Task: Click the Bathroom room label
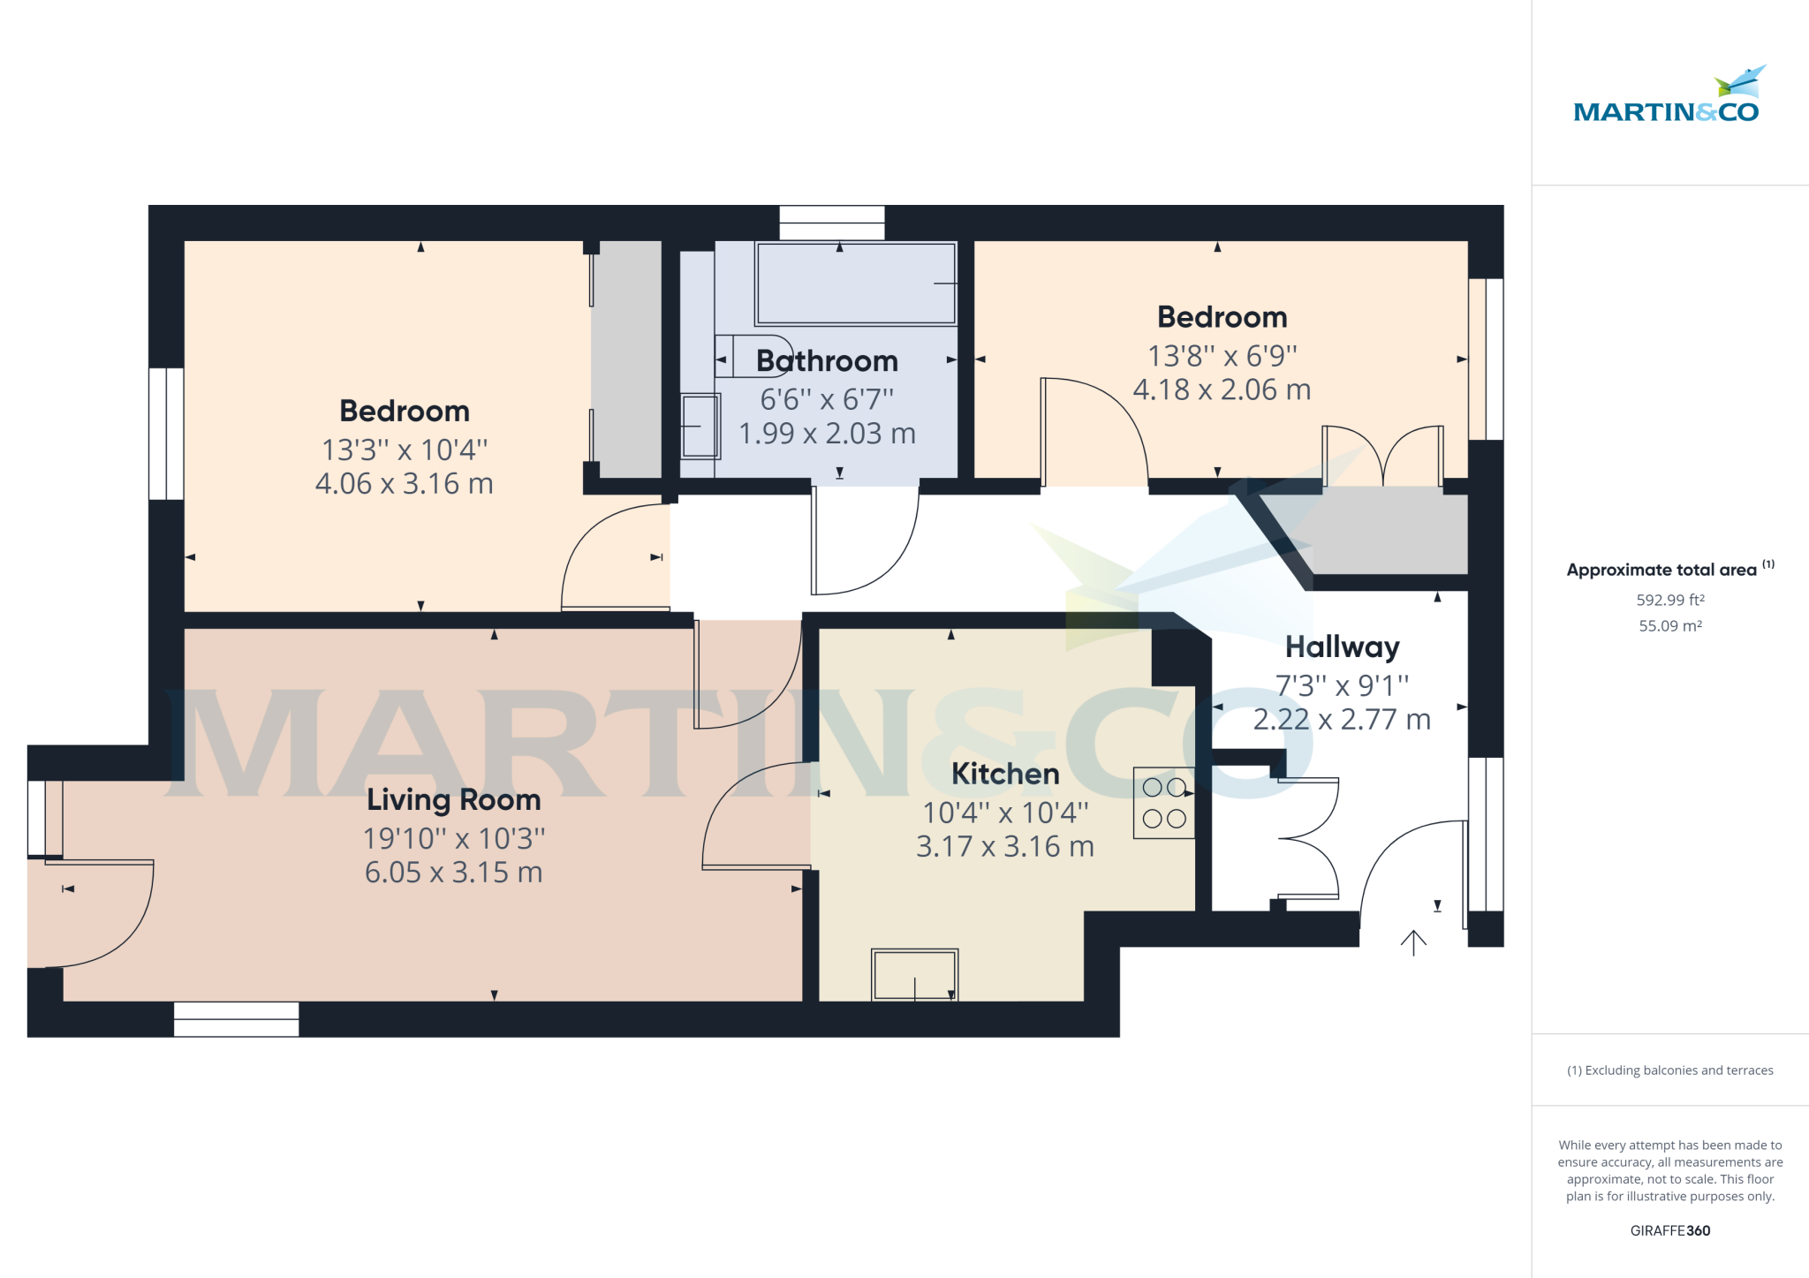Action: click(x=827, y=361)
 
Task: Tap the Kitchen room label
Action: click(x=1005, y=774)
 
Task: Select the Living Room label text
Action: click(x=453, y=799)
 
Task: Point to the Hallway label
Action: click(x=1342, y=647)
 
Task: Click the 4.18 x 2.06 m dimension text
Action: click(x=1222, y=389)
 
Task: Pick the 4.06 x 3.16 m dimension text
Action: click(x=405, y=483)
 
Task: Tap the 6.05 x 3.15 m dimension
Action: click(x=453, y=872)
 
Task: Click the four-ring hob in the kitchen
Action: click(x=1164, y=803)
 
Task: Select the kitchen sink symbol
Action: click(x=914, y=974)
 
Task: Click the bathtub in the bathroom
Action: click(x=855, y=284)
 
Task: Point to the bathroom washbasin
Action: click(x=700, y=426)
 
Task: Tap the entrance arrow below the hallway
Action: click(x=1413, y=942)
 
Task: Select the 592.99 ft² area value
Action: click(x=1669, y=600)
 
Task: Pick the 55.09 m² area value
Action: click(x=1669, y=625)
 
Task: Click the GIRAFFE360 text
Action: click(x=1669, y=1230)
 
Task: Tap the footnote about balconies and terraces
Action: click(x=1669, y=1070)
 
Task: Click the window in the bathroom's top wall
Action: click(x=831, y=223)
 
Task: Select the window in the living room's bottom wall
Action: click(x=236, y=1018)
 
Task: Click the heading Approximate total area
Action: click(x=1661, y=570)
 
